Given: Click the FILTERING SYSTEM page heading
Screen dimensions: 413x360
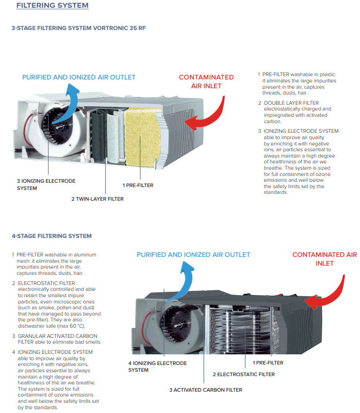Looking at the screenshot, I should (x=52, y=6).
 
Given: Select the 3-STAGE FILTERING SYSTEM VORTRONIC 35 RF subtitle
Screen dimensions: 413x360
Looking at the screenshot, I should (x=78, y=28).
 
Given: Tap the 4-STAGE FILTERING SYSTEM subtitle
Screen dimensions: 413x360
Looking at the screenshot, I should (x=51, y=236).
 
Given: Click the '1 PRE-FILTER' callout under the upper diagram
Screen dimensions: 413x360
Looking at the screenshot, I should (x=138, y=185).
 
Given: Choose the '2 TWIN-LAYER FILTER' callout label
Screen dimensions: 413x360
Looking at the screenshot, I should (x=97, y=199).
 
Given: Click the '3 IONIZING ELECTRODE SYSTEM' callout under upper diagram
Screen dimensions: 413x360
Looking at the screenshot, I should (x=46, y=184).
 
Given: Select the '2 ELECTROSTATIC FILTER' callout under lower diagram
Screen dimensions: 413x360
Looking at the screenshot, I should (x=243, y=374).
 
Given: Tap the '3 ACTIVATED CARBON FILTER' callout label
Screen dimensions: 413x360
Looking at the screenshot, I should (x=205, y=390).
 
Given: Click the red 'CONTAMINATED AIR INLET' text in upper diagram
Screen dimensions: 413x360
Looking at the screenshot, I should (x=206, y=81).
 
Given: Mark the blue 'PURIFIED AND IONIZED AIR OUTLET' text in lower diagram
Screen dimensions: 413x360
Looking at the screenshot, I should (x=193, y=254).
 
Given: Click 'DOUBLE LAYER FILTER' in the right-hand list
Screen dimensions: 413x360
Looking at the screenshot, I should (x=291, y=103).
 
